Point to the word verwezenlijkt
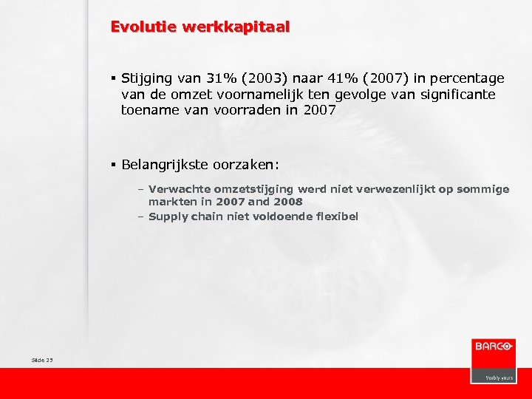399,189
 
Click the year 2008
288,201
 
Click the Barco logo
493,346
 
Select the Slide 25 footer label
43,360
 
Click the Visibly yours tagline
499,377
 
